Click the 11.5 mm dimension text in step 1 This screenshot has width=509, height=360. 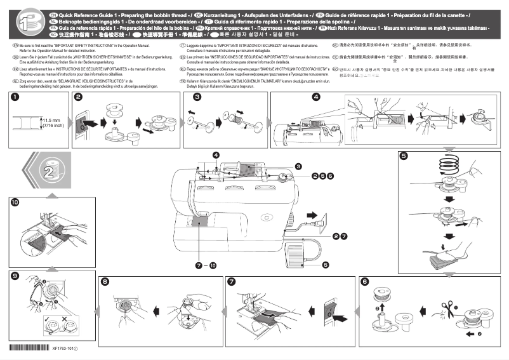point(52,119)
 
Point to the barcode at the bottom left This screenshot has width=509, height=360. point(29,348)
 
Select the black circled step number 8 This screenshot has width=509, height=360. point(105,281)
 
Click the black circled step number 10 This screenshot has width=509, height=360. point(14,202)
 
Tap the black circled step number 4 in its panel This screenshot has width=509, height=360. point(315,98)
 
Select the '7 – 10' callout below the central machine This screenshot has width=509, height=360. point(207,263)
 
